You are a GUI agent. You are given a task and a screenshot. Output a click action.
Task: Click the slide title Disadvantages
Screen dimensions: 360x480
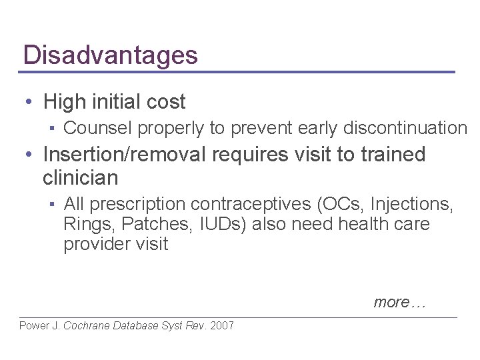(110, 55)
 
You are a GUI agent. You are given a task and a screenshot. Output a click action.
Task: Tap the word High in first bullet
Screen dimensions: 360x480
(63, 102)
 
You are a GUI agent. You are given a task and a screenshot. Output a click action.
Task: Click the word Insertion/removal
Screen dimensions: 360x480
(126, 155)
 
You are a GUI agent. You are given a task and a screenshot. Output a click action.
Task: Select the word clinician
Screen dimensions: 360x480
(81, 178)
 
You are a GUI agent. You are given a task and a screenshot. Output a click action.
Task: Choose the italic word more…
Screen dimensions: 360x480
(399, 302)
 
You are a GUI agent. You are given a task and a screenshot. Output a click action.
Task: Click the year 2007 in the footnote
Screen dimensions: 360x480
(221, 326)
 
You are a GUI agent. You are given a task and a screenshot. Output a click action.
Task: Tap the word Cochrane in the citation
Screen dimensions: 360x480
(88, 326)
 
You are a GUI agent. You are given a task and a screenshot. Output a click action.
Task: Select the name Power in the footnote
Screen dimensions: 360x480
(34, 326)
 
